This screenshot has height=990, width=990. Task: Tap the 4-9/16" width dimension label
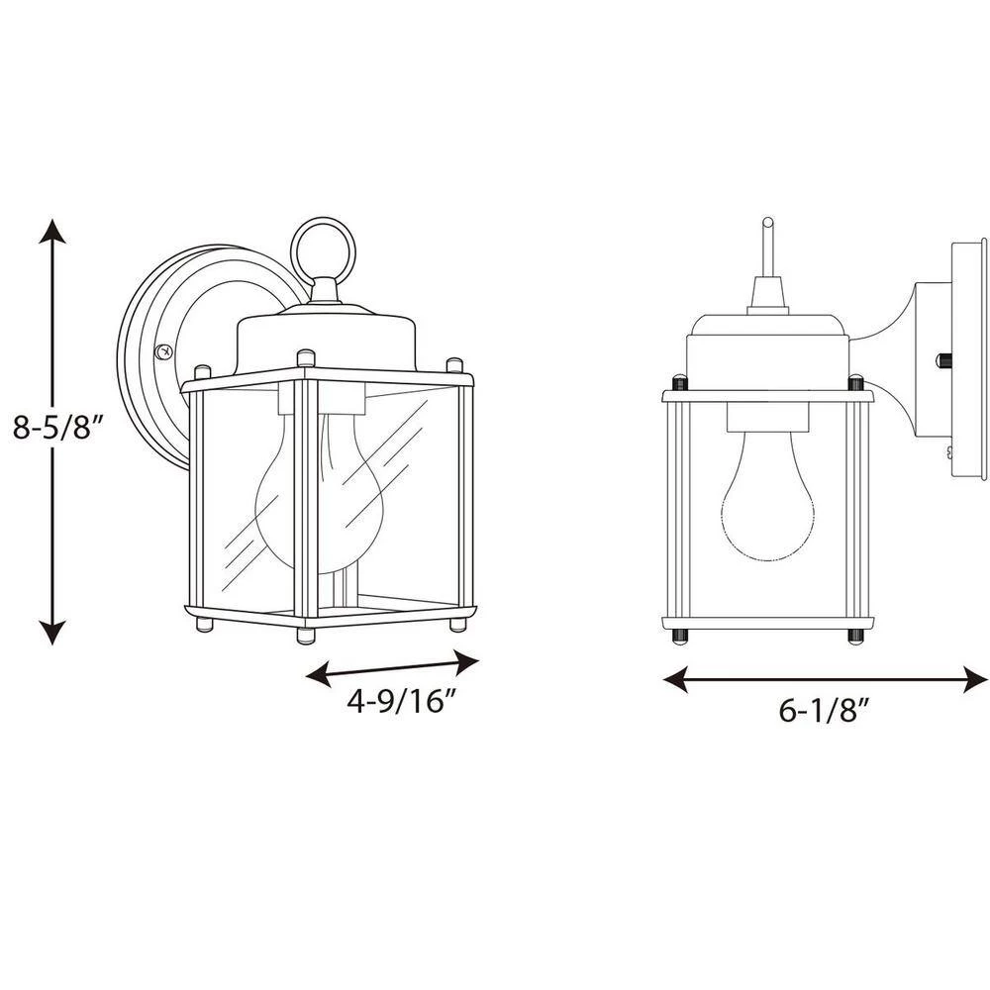pos(401,700)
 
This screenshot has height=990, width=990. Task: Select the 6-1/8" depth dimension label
pos(820,711)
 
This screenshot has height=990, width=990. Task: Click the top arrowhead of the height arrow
pos(52,231)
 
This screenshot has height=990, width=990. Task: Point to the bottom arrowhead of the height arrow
pos(52,632)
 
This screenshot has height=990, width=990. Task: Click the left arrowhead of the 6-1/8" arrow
pos(675,679)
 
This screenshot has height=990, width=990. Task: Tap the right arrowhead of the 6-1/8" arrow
pos(975,679)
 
